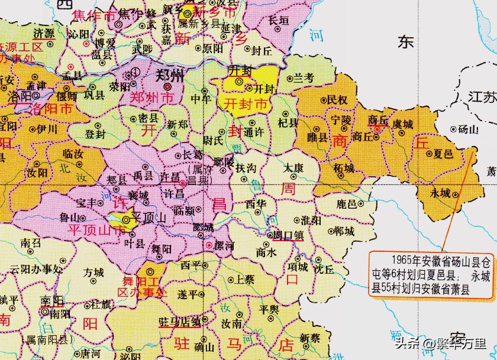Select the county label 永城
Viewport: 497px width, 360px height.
[441, 193]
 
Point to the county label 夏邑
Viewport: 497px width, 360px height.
[443, 153]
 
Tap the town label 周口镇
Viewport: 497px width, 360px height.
[288, 235]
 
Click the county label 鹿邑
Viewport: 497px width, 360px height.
[346, 204]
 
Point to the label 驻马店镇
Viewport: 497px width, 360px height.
[178, 322]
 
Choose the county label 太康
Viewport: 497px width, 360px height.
[294, 168]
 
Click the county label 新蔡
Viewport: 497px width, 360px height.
[309, 338]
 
